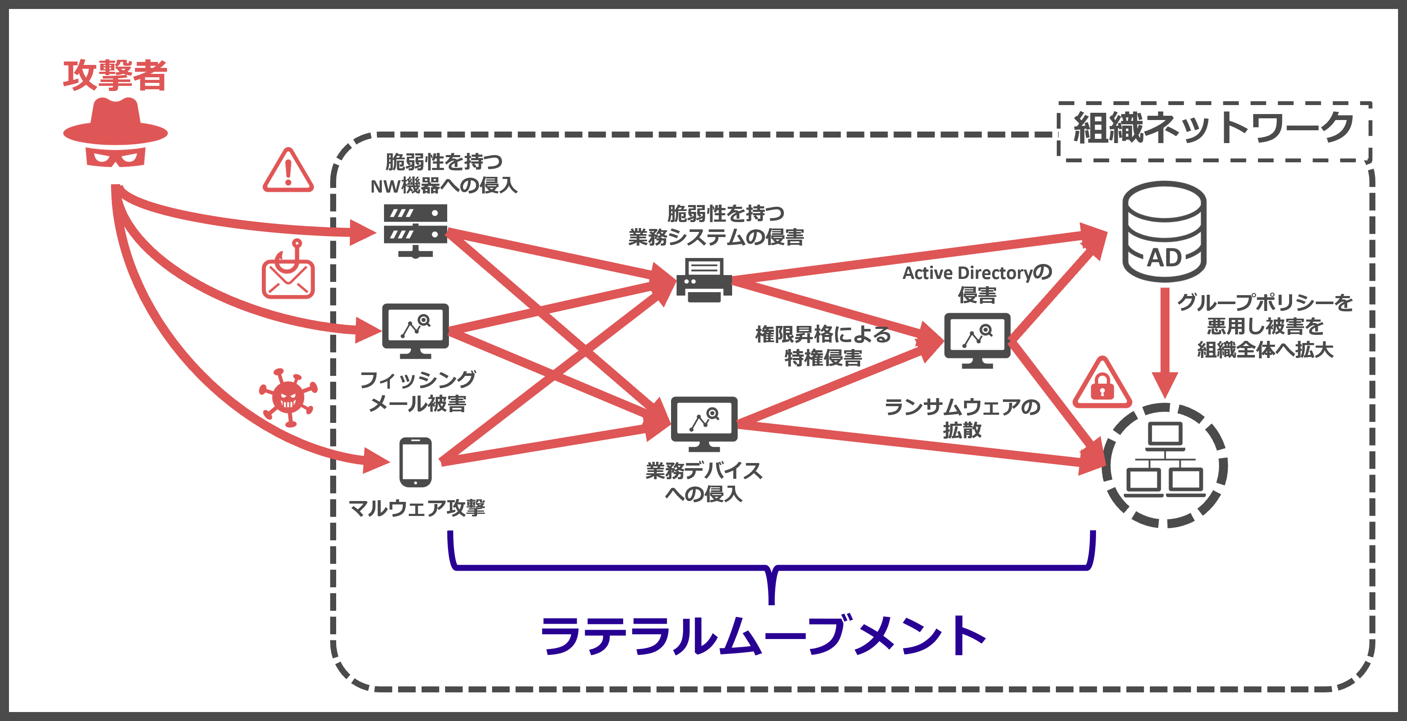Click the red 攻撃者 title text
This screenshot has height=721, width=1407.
click(115, 75)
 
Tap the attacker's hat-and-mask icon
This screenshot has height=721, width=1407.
click(115, 133)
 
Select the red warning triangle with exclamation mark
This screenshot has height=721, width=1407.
click(288, 171)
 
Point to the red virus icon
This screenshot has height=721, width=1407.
click(288, 397)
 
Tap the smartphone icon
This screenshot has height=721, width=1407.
click(415, 462)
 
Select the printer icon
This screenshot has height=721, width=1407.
click(704, 280)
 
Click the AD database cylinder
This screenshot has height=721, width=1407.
click(1164, 232)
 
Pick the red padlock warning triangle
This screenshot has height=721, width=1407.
click(1102, 384)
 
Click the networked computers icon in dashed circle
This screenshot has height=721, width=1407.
click(1165, 466)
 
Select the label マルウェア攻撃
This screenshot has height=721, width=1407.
click(417, 508)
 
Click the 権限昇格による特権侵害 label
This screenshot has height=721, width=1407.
click(823, 346)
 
